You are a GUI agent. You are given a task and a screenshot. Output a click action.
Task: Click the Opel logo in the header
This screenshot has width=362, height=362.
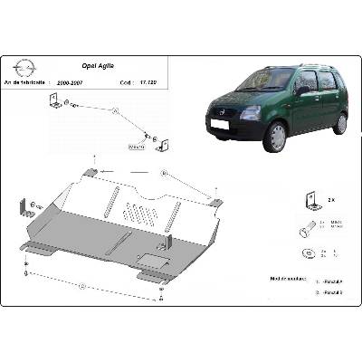[24, 69]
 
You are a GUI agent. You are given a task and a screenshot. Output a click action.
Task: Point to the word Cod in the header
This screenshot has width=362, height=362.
[122, 81]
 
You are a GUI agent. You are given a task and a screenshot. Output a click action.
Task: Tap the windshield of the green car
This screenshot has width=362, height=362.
[268, 81]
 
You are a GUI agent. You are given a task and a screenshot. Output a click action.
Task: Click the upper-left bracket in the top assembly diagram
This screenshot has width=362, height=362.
[59, 106]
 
